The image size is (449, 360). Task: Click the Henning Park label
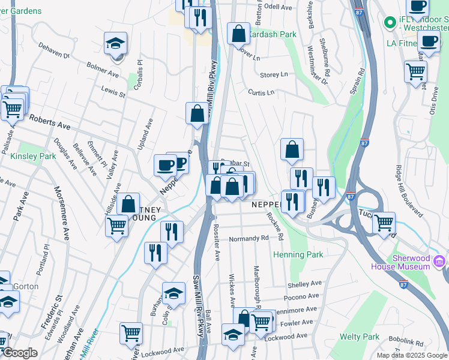click(x=298, y=254)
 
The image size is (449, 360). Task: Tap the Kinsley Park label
click(x=33, y=157)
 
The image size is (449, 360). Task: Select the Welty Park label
click(x=360, y=337)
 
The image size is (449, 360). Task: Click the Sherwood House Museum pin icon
click(x=439, y=261)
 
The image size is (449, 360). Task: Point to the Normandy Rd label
click(x=249, y=238)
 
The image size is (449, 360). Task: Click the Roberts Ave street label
click(x=50, y=124)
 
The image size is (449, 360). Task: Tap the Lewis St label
click(x=113, y=94)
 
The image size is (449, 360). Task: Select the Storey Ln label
click(x=274, y=74)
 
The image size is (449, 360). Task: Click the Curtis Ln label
click(x=261, y=92)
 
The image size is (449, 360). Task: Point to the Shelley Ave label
click(x=305, y=284)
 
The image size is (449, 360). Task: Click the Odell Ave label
click(x=277, y=7)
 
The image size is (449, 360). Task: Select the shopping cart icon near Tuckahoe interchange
click(x=384, y=223)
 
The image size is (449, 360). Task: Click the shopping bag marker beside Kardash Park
click(x=238, y=34)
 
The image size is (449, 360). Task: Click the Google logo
click(x=20, y=353)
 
